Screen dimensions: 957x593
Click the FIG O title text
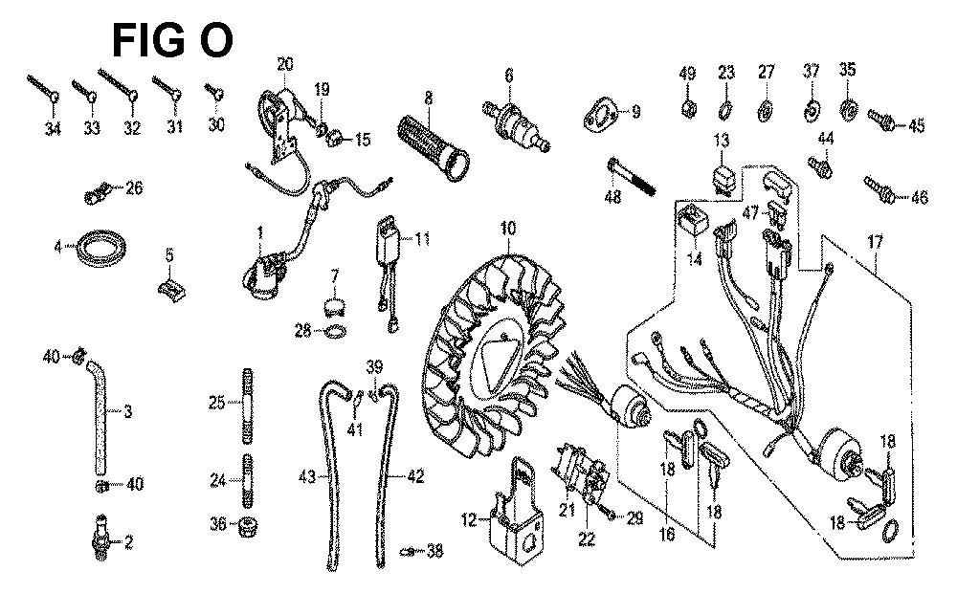(172, 41)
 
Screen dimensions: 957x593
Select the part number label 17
(876, 242)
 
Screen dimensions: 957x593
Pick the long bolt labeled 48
(631, 177)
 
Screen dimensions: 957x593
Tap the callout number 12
(469, 520)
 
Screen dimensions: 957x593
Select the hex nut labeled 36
(247, 526)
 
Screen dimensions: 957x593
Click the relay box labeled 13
(722, 174)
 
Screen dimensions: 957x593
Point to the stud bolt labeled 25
(248, 406)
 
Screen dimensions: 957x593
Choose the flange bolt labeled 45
(881, 121)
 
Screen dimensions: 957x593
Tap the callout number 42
(415, 476)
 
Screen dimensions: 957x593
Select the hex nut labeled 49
(688, 109)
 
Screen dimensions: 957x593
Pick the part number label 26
(134, 187)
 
